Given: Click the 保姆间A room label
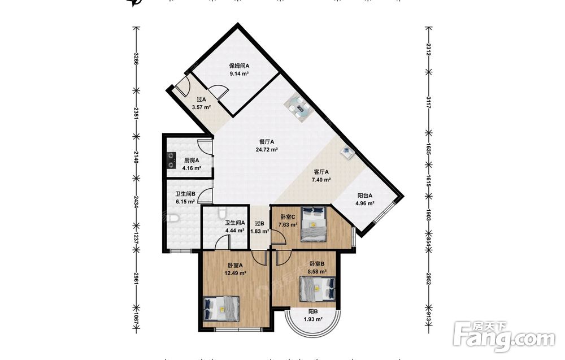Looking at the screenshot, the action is tap(239, 66).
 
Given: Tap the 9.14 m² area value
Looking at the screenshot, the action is tap(239, 74).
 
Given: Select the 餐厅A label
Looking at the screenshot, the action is tap(267, 142).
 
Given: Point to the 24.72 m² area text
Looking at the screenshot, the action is tap(267, 150).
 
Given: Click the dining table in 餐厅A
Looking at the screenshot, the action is tap(297, 107).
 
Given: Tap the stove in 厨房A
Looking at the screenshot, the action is tap(171, 161).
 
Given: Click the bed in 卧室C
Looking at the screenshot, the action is tap(314, 224).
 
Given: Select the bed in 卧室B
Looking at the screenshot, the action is tap(318, 289).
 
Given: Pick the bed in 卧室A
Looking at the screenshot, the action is tap(221, 309).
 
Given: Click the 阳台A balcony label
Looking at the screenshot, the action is tap(364, 196).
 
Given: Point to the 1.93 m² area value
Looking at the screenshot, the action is tap(313, 319).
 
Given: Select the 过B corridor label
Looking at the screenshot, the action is tap(260, 223).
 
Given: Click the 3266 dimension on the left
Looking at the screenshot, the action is tap(136, 59).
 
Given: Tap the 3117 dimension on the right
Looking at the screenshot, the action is tap(428, 102).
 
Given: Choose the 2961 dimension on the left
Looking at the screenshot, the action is tap(136, 279).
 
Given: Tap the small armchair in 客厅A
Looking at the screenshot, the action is tap(347, 152).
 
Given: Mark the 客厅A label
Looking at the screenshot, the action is tap(321, 172).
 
